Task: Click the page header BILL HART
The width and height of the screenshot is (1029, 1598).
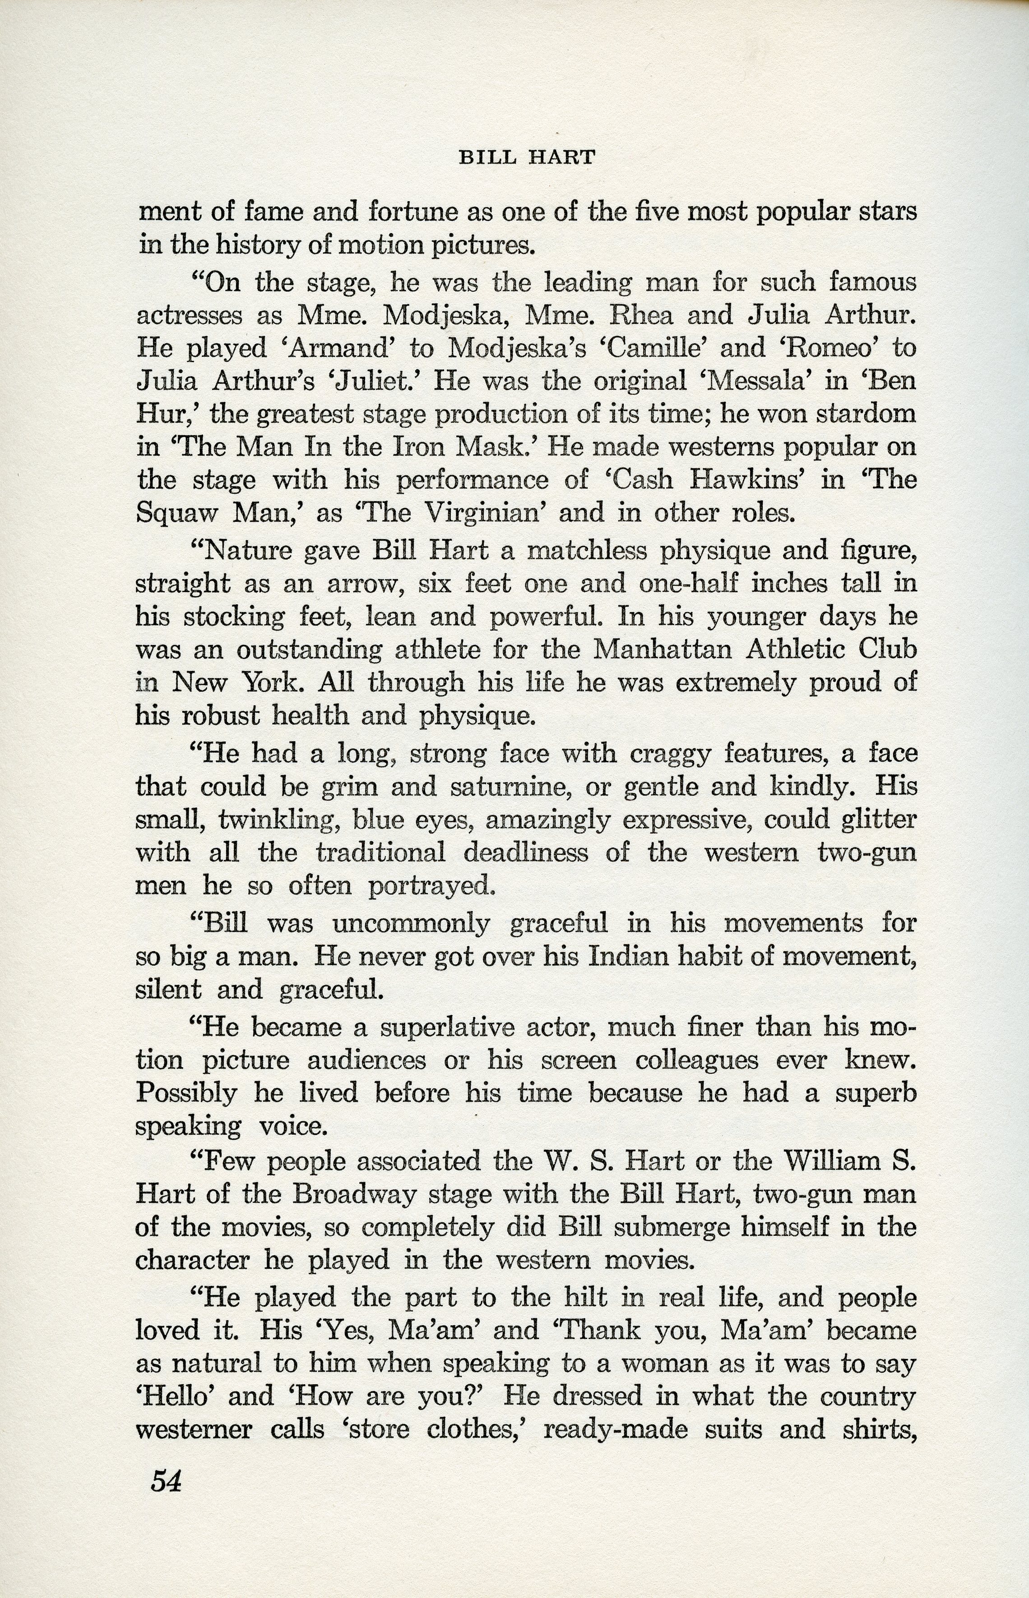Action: [x=526, y=157]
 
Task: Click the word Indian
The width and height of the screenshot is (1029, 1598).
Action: [x=627, y=957]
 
